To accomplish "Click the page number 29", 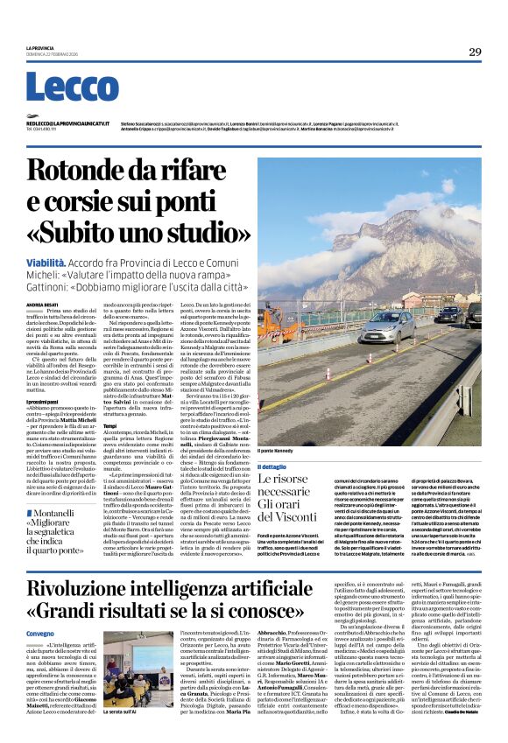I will (474, 52).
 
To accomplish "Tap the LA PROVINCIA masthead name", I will (40, 47).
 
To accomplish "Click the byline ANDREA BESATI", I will (42, 304).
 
